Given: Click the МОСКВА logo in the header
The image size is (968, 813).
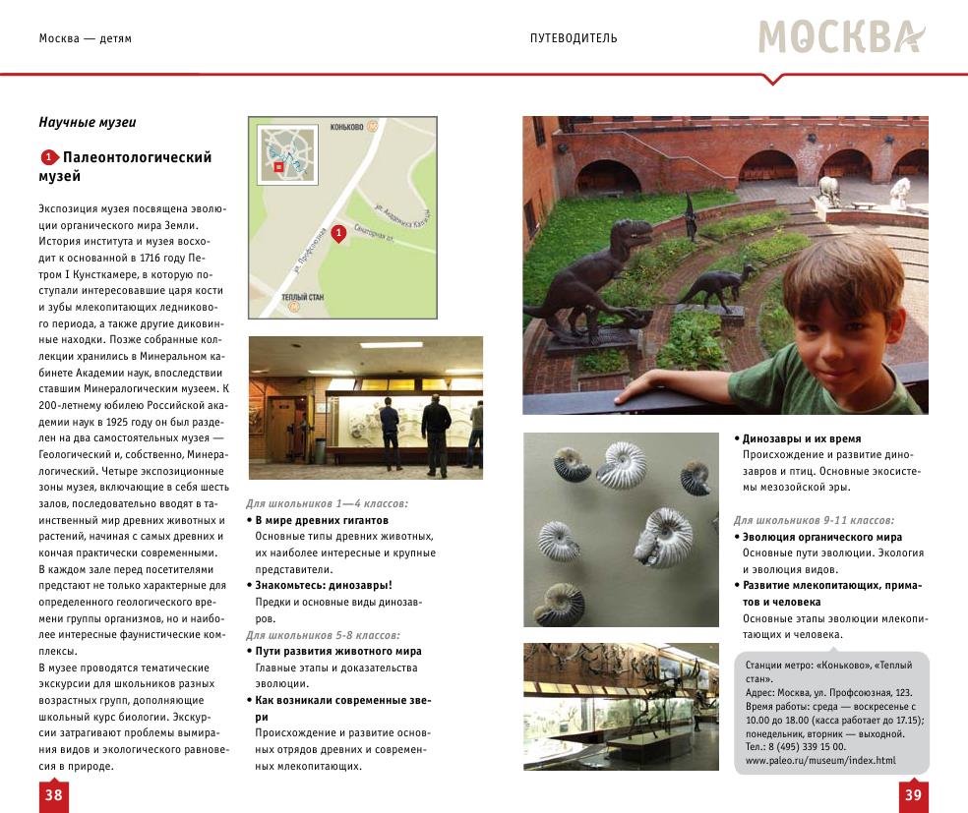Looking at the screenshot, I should pyautogui.click(x=841, y=37).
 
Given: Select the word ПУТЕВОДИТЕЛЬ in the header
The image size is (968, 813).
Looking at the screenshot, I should pyautogui.click(x=574, y=38).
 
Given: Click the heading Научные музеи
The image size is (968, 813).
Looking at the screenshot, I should pyautogui.click(x=88, y=123).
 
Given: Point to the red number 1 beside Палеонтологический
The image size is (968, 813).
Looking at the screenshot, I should pyautogui.click(x=48, y=157).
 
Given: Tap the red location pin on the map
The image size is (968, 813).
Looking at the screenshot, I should pyautogui.click(x=338, y=233).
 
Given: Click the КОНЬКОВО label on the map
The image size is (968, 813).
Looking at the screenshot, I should pyautogui.click(x=347, y=127).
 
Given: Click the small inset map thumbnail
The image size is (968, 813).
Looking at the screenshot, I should pyautogui.click(x=287, y=155).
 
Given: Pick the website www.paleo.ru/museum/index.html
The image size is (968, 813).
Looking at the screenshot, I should pyautogui.click(x=820, y=760).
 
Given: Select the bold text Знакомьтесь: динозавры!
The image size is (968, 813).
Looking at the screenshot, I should pyautogui.click(x=324, y=585).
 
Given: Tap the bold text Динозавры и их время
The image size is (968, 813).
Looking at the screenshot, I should pyautogui.click(x=802, y=438).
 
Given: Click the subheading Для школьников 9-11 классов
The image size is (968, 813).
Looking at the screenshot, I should pyautogui.click(x=814, y=519).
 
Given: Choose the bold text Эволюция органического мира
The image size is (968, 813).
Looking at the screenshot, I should pyautogui.click(x=822, y=537).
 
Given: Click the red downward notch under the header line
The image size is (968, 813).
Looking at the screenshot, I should pyautogui.click(x=773, y=79).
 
